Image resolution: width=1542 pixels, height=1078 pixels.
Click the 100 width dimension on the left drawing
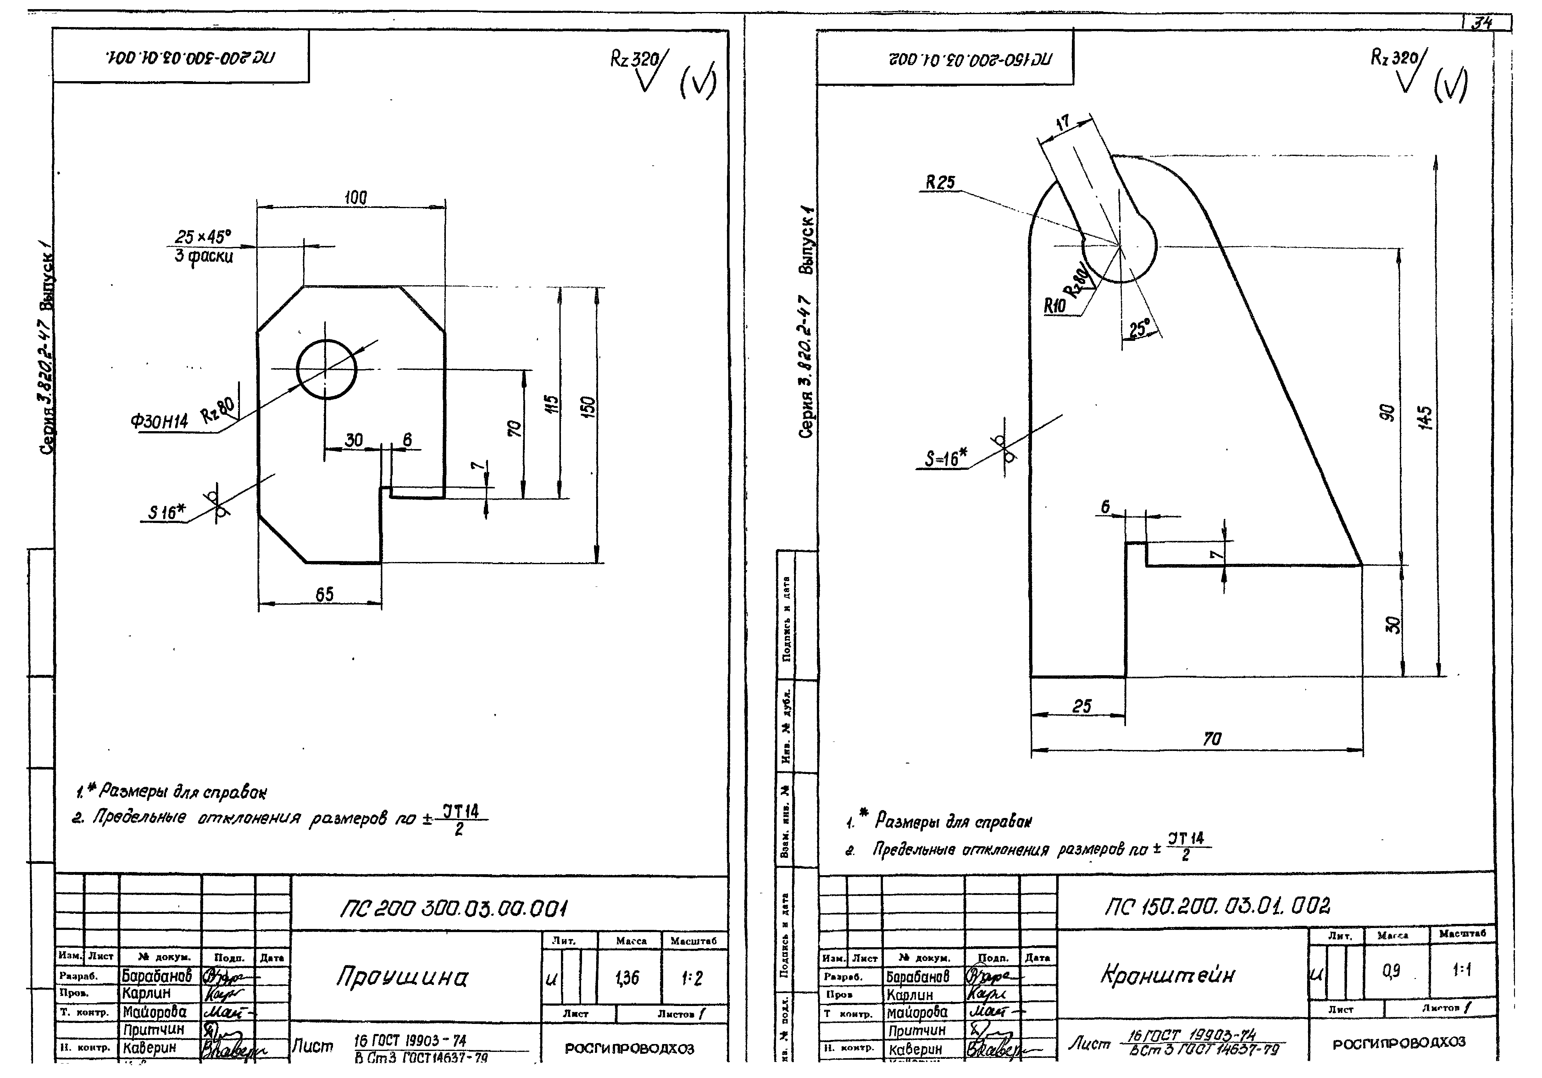(355, 197)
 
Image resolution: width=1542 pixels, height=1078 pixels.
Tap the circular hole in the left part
(326, 369)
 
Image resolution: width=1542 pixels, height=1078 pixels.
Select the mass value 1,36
(627, 979)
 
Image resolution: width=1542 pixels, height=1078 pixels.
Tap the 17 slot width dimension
(1062, 123)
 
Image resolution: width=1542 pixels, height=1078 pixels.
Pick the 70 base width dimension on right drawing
(1212, 739)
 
